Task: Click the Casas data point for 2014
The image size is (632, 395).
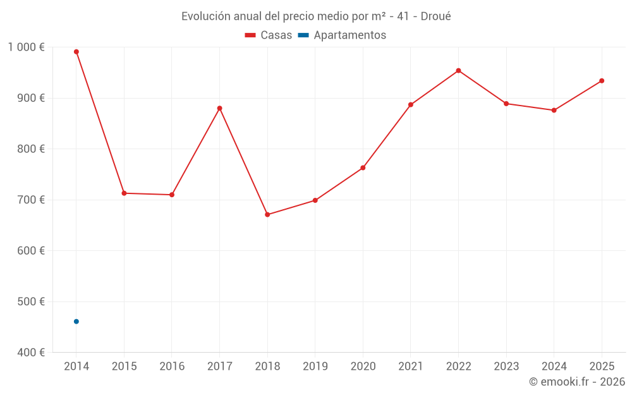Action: [76, 52]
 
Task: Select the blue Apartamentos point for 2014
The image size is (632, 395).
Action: [76, 322]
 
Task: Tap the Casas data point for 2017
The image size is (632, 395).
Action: [219, 108]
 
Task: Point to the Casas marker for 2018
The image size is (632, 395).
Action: [267, 215]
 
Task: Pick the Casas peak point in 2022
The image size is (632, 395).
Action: [458, 71]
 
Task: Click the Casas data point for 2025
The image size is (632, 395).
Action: [602, 81]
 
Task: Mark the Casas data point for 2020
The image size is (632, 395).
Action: [363, 168]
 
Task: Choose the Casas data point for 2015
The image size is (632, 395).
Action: [124, 193]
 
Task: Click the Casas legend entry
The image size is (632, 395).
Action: [269, 35]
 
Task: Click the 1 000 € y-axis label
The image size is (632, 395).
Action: [27, 47]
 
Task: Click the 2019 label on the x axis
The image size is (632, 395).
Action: [315, 367]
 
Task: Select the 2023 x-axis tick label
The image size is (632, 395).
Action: [506, 367]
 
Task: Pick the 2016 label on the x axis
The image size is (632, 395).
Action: [172, 367]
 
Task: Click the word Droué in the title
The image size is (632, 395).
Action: [435, 16]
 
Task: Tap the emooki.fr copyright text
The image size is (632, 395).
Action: [577, 382]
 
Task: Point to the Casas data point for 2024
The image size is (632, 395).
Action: [554, 111]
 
